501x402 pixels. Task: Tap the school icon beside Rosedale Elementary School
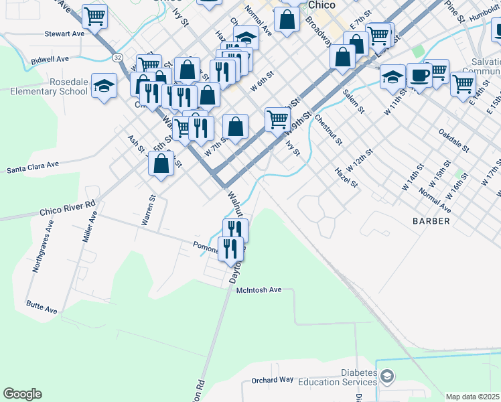104,85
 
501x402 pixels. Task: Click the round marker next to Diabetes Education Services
386,377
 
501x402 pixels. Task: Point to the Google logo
22,394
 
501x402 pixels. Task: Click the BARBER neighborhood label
431,220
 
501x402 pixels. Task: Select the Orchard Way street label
273,380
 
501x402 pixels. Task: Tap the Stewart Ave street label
64,33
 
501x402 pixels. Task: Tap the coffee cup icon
419,74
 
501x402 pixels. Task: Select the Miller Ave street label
89,228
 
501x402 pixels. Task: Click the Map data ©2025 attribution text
473,397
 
